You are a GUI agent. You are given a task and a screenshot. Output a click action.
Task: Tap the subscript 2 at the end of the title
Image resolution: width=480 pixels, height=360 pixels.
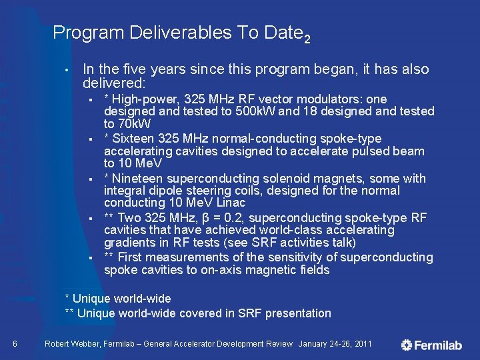307,39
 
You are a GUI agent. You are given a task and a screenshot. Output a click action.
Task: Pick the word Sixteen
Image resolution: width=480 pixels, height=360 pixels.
135,139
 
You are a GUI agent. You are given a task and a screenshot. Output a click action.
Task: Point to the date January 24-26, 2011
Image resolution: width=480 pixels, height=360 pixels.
335,344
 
